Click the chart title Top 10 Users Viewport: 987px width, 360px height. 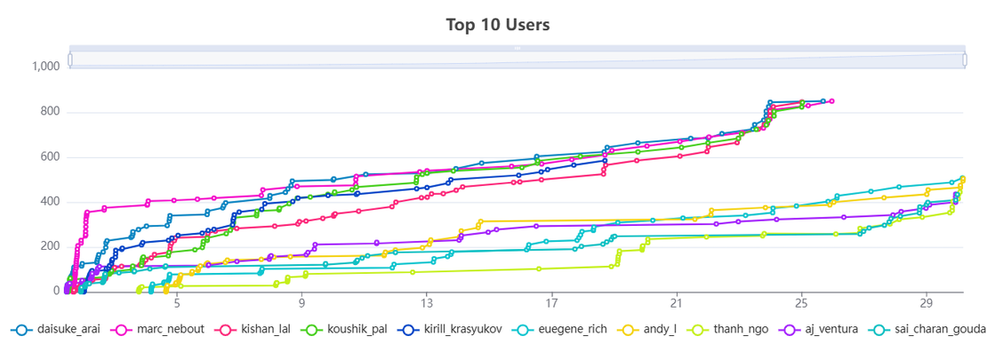pyautogui.click(x=498, y=24)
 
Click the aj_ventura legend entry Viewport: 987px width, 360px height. pyautogui.click(x=831, y=330)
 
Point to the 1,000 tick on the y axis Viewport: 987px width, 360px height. pyautogui.click(x=45, y=66)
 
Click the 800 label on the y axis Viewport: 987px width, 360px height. pyautogui.click(x=49, y=112)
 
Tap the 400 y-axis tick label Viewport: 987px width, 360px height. pyautogui.click(x=49, y=202)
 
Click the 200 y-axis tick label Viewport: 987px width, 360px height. pyautogui.click(x=49, y=246)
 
